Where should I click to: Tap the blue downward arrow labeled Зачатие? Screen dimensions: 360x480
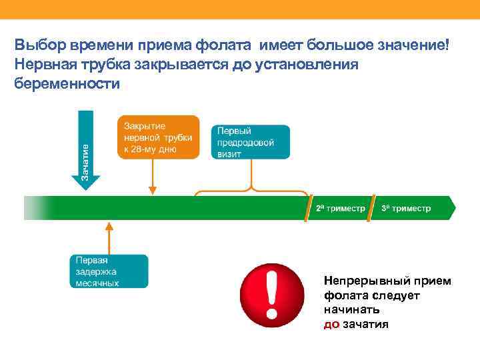click(85, 150)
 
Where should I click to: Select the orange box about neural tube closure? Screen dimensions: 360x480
click(159, 137)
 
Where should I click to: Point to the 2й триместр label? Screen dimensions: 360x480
click(340, 208)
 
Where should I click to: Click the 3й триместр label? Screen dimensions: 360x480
click(406, 208)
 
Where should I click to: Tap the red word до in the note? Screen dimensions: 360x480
click(331, 325)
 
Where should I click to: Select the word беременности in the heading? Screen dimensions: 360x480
click(67, 84)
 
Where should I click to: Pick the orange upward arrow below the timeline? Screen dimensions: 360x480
click(109, 236)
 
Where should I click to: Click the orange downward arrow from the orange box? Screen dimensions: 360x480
click(153, 176)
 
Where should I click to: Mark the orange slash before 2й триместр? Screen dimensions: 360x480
click(310, 208)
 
